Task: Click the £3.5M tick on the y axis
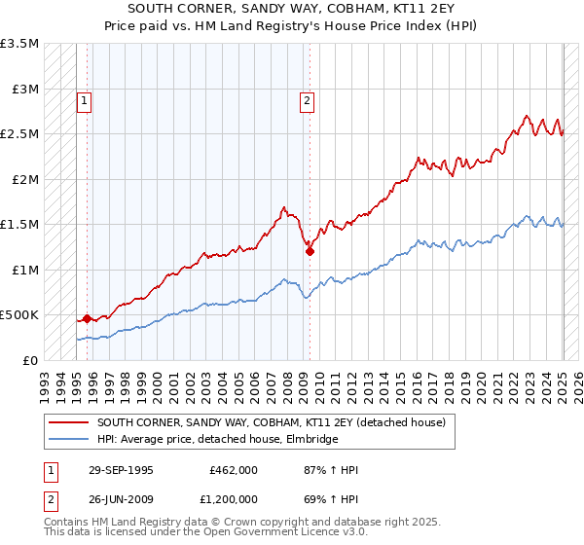pos(19,44)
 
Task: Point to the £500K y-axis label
pos(19,315)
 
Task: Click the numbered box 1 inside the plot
pos(84,99)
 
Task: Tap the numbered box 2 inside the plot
pos(307,99)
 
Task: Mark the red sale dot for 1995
pos(87,318)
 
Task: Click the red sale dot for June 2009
pos(310,251)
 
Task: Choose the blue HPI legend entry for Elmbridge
pos(217,440)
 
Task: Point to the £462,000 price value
pos(234,469)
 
